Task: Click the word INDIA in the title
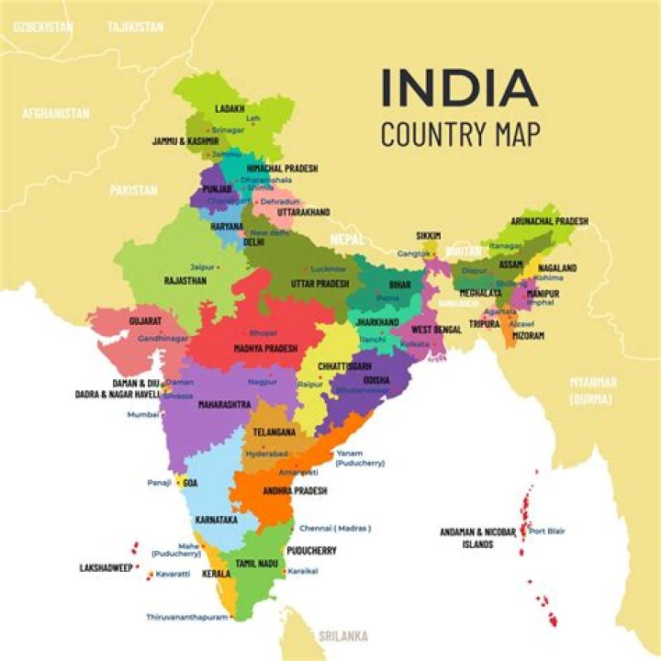459,88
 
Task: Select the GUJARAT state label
145,322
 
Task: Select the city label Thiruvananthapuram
187,617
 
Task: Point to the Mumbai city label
143,414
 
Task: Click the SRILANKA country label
343,635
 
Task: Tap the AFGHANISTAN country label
56,114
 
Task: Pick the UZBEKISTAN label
42,28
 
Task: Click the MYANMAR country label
593,382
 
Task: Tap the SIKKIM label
428,236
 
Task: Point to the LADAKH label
230,108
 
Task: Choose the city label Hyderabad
267,454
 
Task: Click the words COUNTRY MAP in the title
460,133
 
